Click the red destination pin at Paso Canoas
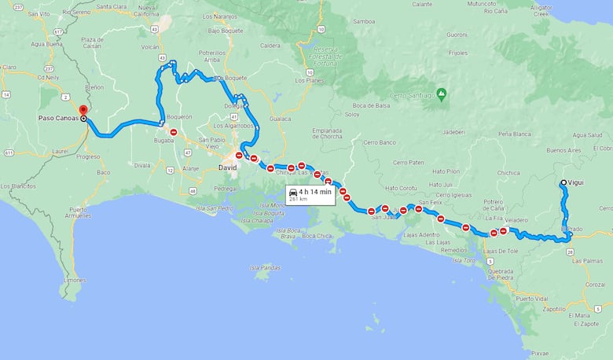click(x=83, y=110)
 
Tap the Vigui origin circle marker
click(x=563, y=183)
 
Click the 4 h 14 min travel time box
click(x=310, y=194)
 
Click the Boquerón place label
click(x=179, y=116)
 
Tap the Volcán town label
click(x=150, y=46)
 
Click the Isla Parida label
click(x=266, y=268)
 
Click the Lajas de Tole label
click(x=501, y=251)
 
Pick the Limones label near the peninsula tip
click(x=75, y=280)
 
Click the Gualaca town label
click(x=281, y=119)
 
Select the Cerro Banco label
click(x=380, y=142)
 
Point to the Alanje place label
click(x=189, y=168)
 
